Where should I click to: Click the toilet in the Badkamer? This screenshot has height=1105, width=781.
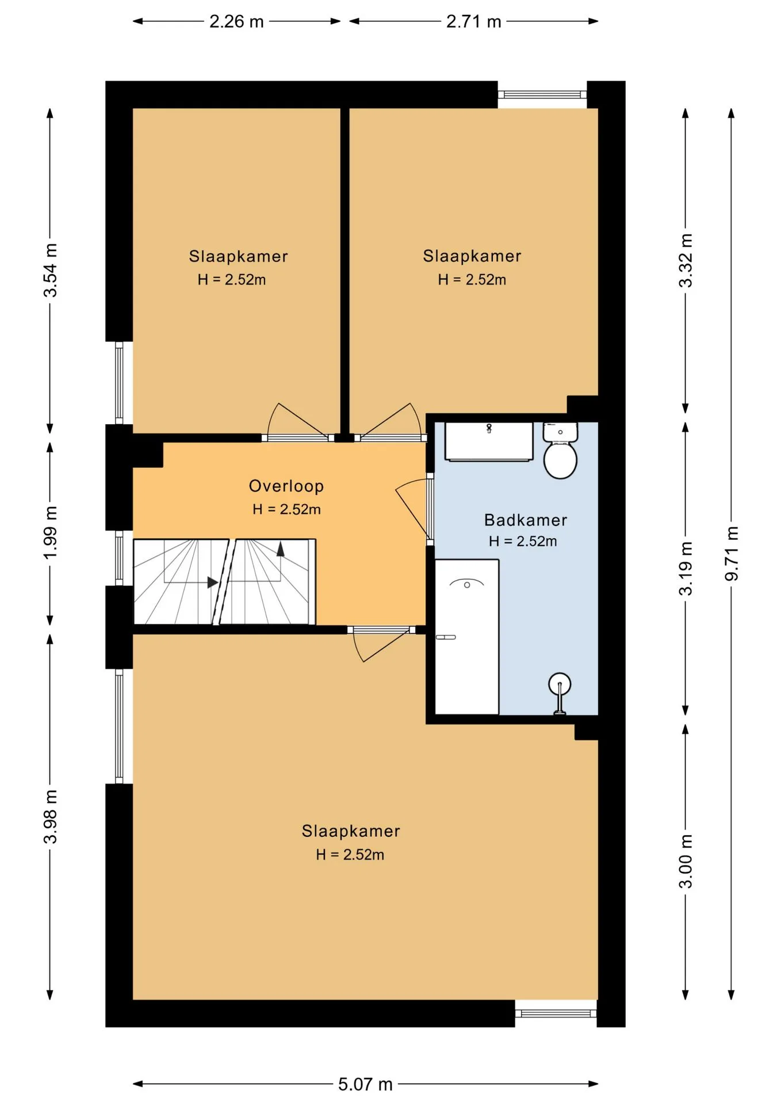click(560, 450)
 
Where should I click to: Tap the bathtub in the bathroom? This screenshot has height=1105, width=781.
click(466, 637)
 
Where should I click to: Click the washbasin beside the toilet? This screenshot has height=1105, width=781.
click(489, 441)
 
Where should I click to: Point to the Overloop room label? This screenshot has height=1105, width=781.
click(286, 486)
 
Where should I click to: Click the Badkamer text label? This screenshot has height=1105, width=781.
click(526, 520)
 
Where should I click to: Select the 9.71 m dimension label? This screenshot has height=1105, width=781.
click(731, 553)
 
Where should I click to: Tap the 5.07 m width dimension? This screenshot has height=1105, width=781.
click(365, 1084)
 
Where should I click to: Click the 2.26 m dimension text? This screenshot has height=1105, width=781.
click(236, 22)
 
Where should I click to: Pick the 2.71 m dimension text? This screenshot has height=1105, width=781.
click(474, 22)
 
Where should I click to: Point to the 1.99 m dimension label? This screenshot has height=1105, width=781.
click(50, 532)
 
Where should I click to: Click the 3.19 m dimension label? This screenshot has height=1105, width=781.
click(686, 568)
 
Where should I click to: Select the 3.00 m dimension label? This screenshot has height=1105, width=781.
click(686, 861)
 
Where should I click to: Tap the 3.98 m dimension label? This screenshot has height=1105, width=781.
click(50, 817)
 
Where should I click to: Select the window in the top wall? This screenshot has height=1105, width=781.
click(542, 95)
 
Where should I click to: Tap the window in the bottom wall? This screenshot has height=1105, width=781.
click(556, 1013)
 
